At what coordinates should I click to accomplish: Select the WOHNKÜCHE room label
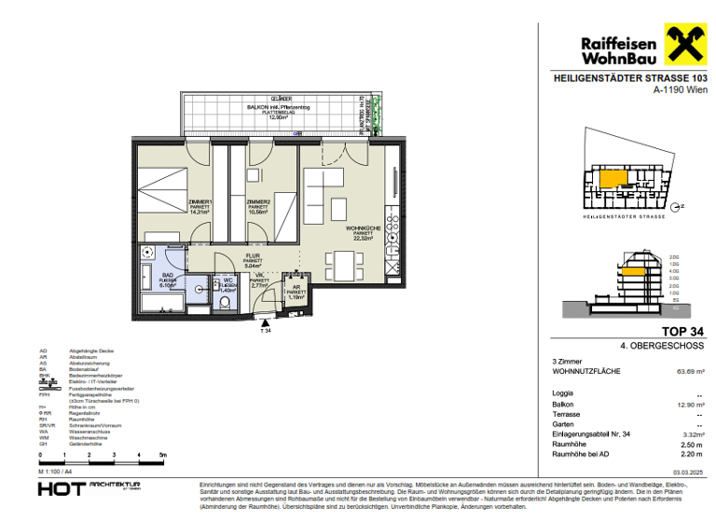coord(359,228)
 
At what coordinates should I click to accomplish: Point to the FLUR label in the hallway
coord(252,256)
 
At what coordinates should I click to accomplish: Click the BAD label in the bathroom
coord(168,275)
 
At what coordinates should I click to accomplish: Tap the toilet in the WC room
coord(224,301)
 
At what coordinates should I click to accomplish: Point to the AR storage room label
coord(296,288)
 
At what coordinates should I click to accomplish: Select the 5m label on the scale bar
coord(162,457)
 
